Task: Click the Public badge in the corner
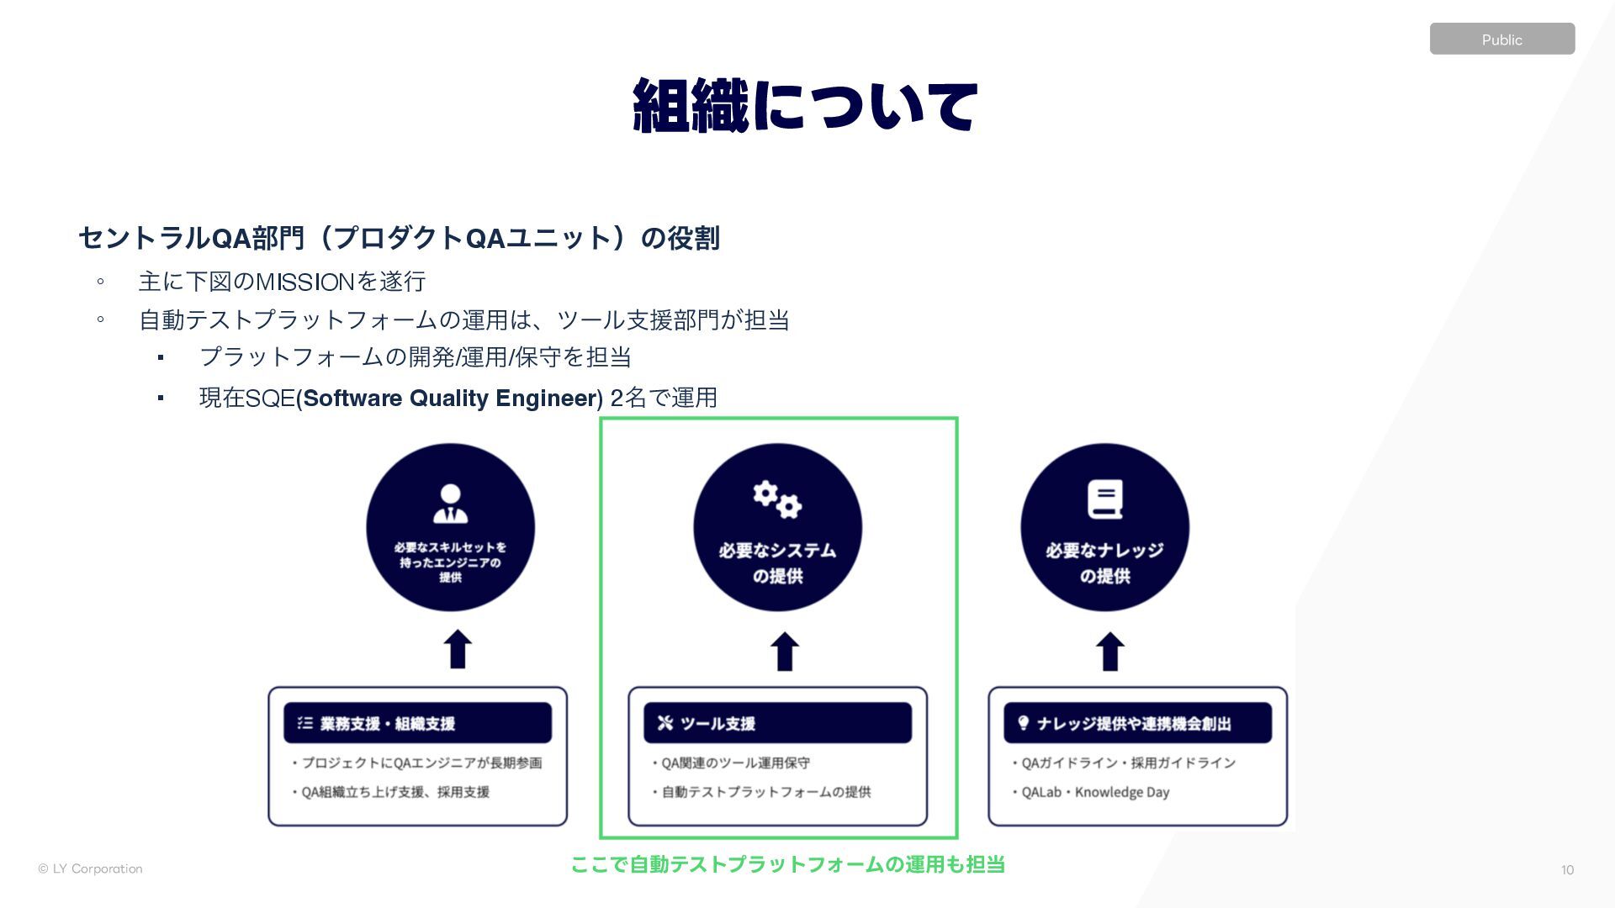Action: pyautogui.click(x=1501, y=40)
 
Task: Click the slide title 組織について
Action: pyautogui.click(x=805, y=106)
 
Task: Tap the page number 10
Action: pyautogui.click(x=1567, y=870)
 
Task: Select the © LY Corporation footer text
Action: pyautogui.click(x=90, y=868)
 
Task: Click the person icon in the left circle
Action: pyautogui.click(x=450, y=504)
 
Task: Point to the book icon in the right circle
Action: pyautogui.click(x=1104, y=499)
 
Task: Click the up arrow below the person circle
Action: pyautogui.click(x=458, y=650)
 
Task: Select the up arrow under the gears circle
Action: pyautogui.click(x=785, y=652)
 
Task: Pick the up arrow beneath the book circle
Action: pyautogui.click(x=1110, y=652)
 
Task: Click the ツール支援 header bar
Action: pyautogui.click(x=777, y=723)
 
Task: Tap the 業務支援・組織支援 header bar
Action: pyautogui.click(x=417, y=723)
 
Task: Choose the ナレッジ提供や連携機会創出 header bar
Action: pyautogui.click(x=1137, y=723)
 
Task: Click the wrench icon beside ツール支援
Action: pyautogui.click(x=665, y=723)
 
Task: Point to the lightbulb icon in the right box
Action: pyautogui.click(x=1024, y=723)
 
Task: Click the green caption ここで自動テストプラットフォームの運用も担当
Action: pyautogui.click(x=787, y=864)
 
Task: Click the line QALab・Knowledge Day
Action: pyautogui.click(x=1094, y=792)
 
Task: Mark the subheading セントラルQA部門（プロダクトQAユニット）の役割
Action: pyautogui.click(x=399, y=238)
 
